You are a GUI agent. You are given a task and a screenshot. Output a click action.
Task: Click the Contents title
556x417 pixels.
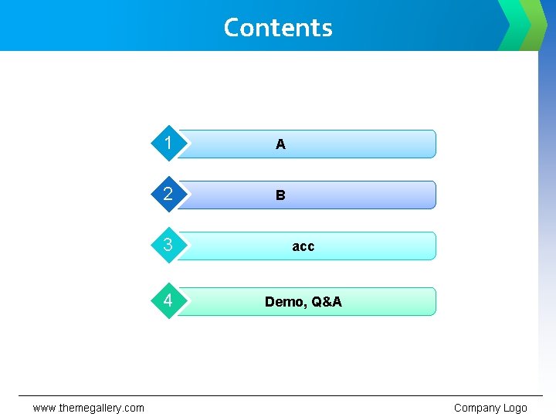click(x=278, y=28)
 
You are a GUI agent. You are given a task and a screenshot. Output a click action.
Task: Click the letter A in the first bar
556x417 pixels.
click(x=280, y=144)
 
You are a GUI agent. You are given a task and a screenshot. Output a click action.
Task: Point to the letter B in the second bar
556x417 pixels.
click(x=280, y=195)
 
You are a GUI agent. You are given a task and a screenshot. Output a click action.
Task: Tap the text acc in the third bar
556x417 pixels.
click(x=303, y=246)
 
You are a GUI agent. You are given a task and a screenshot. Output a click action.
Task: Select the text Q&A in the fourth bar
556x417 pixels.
click(x=327, y=302)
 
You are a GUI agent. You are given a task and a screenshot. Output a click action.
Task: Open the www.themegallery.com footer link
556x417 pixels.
click(x=88, y=408)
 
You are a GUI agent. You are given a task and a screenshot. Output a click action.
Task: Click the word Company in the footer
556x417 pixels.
click(x=477, y=408)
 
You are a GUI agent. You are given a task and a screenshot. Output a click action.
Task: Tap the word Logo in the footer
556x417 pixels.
click(x=515, y=408)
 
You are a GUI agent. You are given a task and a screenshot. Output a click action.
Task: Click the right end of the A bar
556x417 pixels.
click(x=431, y=144)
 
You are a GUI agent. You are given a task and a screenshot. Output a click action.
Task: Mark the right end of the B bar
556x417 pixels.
click(x=431, y=195)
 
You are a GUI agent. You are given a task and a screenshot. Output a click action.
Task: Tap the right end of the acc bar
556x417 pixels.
click(x=431, y=246)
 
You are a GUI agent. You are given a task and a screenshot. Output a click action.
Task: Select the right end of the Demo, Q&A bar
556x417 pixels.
click(x=431, y=301)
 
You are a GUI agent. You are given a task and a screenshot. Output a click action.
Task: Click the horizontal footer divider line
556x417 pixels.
click(x=278, y=396)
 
